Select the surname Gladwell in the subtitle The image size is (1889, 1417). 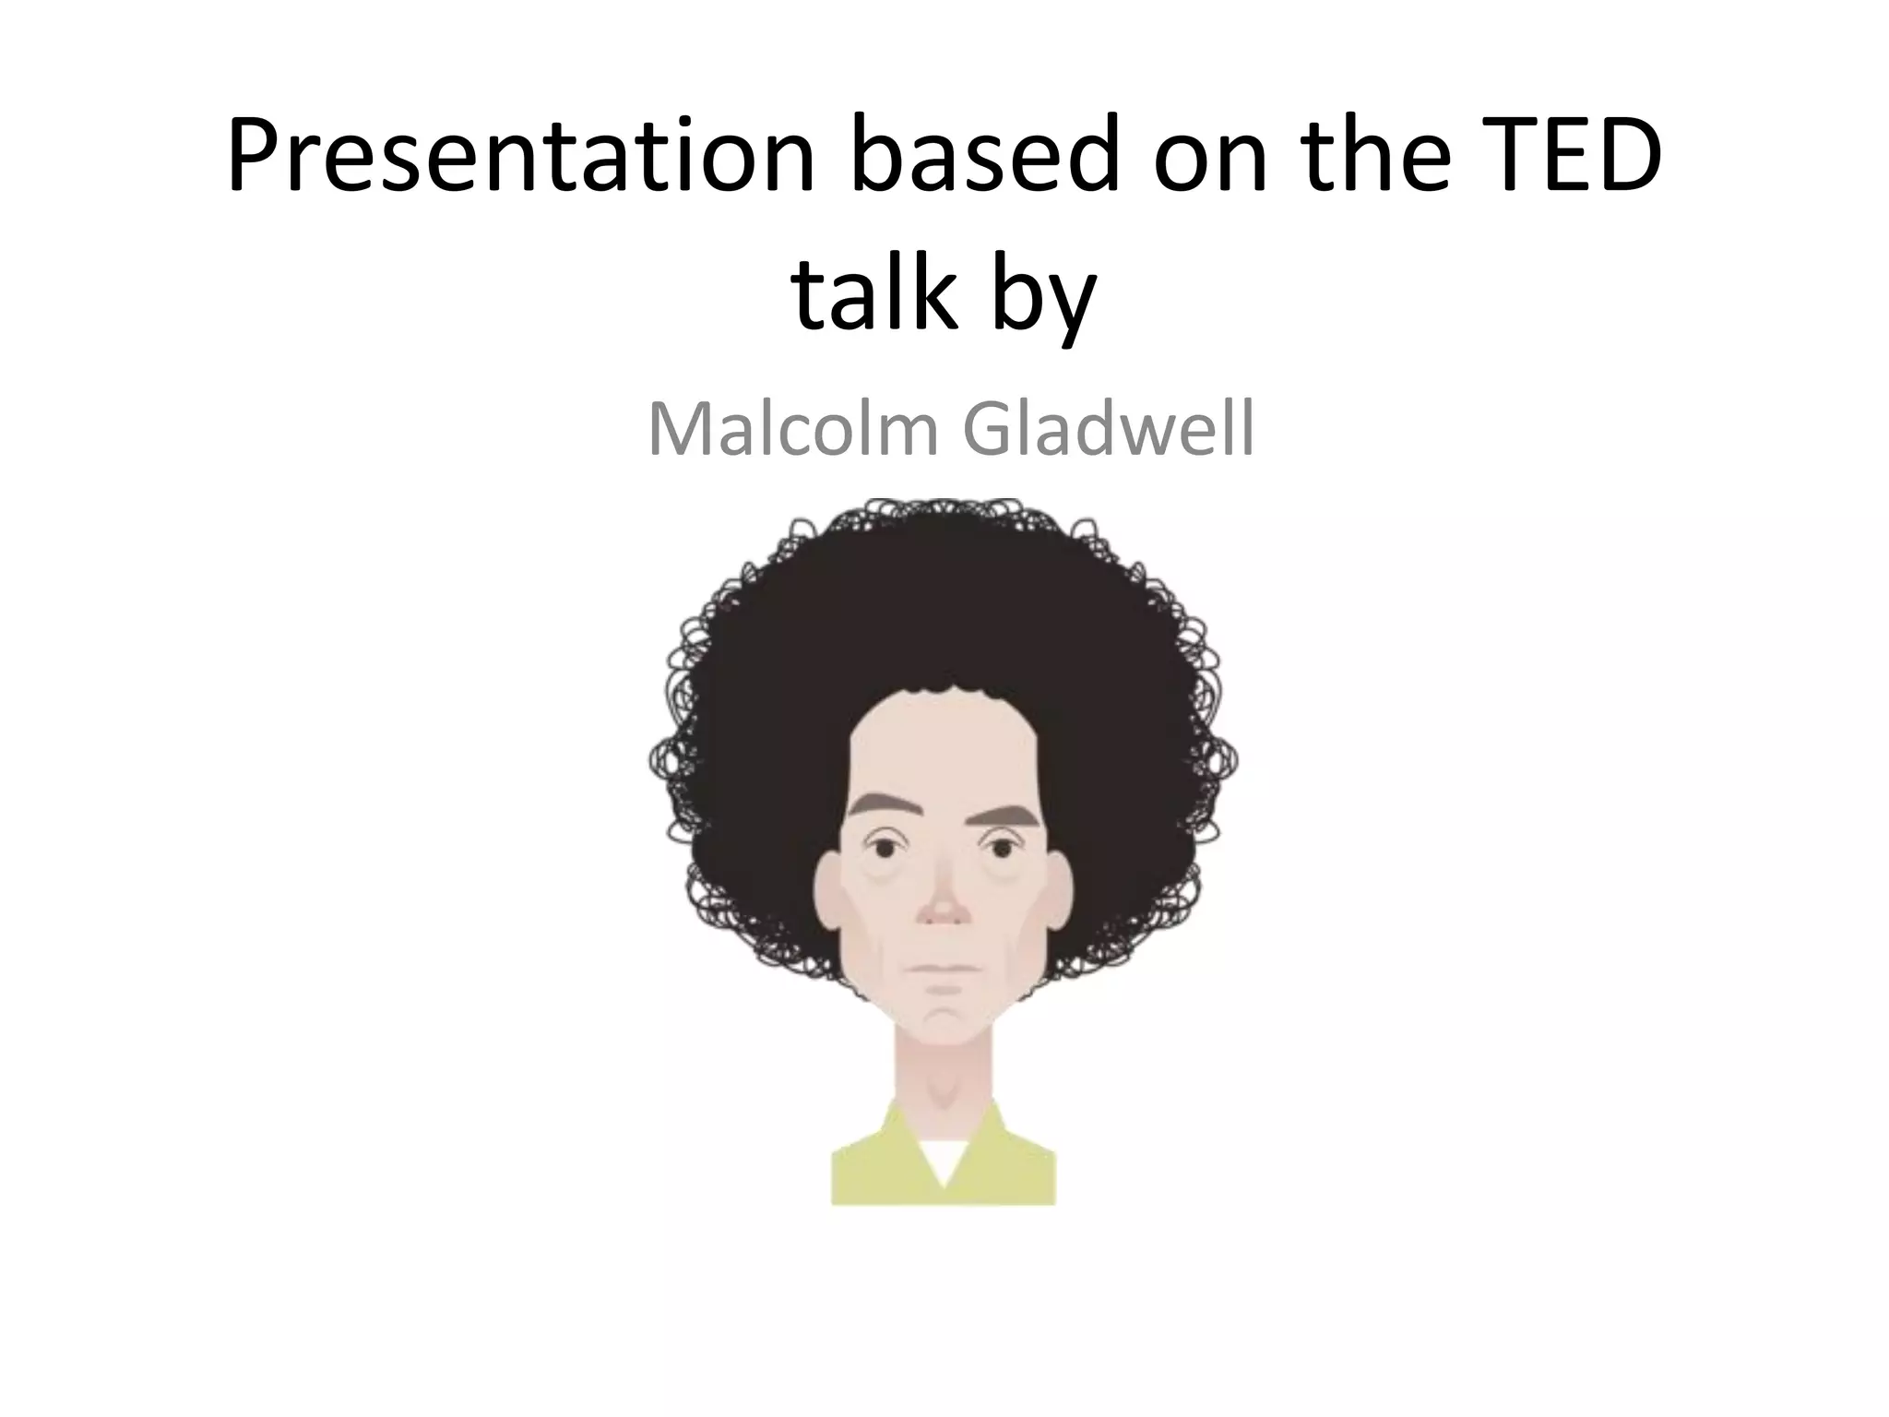(x=1108, y=430)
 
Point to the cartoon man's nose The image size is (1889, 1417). (x=942, y=909)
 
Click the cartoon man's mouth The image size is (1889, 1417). (x=942, y=968)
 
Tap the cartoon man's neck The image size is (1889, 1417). (x=942, y=1070)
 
